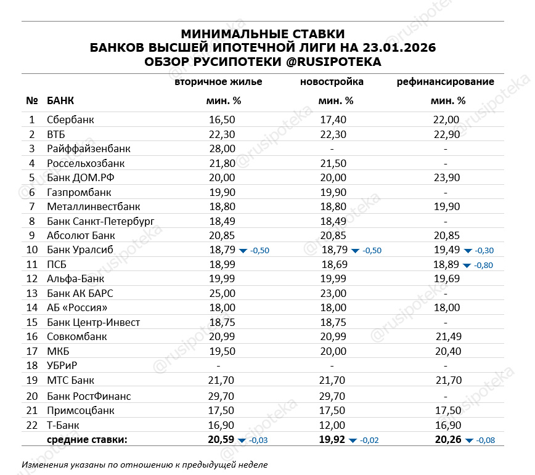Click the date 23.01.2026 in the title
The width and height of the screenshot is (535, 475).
click(398, 47)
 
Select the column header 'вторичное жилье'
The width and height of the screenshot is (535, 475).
click(218, 81)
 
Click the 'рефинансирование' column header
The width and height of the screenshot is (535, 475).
click(445, 81)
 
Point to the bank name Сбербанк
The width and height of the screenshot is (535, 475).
click(70, 120)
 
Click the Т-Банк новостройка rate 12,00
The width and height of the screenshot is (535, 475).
click(333, 425)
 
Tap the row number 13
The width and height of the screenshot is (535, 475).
click(32, 293)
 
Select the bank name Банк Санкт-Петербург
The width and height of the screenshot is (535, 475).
click(100, 221)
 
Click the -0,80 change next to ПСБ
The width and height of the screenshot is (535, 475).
click(484, 265)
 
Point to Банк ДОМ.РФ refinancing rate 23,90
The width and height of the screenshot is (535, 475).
click(446, 177)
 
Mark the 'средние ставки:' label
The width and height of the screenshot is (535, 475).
click(87, 439)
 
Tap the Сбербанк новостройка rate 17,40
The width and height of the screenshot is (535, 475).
click(333, 120)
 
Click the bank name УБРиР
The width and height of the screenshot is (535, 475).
click(62, 366)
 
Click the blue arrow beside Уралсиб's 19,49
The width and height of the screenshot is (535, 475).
click(468, 250)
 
